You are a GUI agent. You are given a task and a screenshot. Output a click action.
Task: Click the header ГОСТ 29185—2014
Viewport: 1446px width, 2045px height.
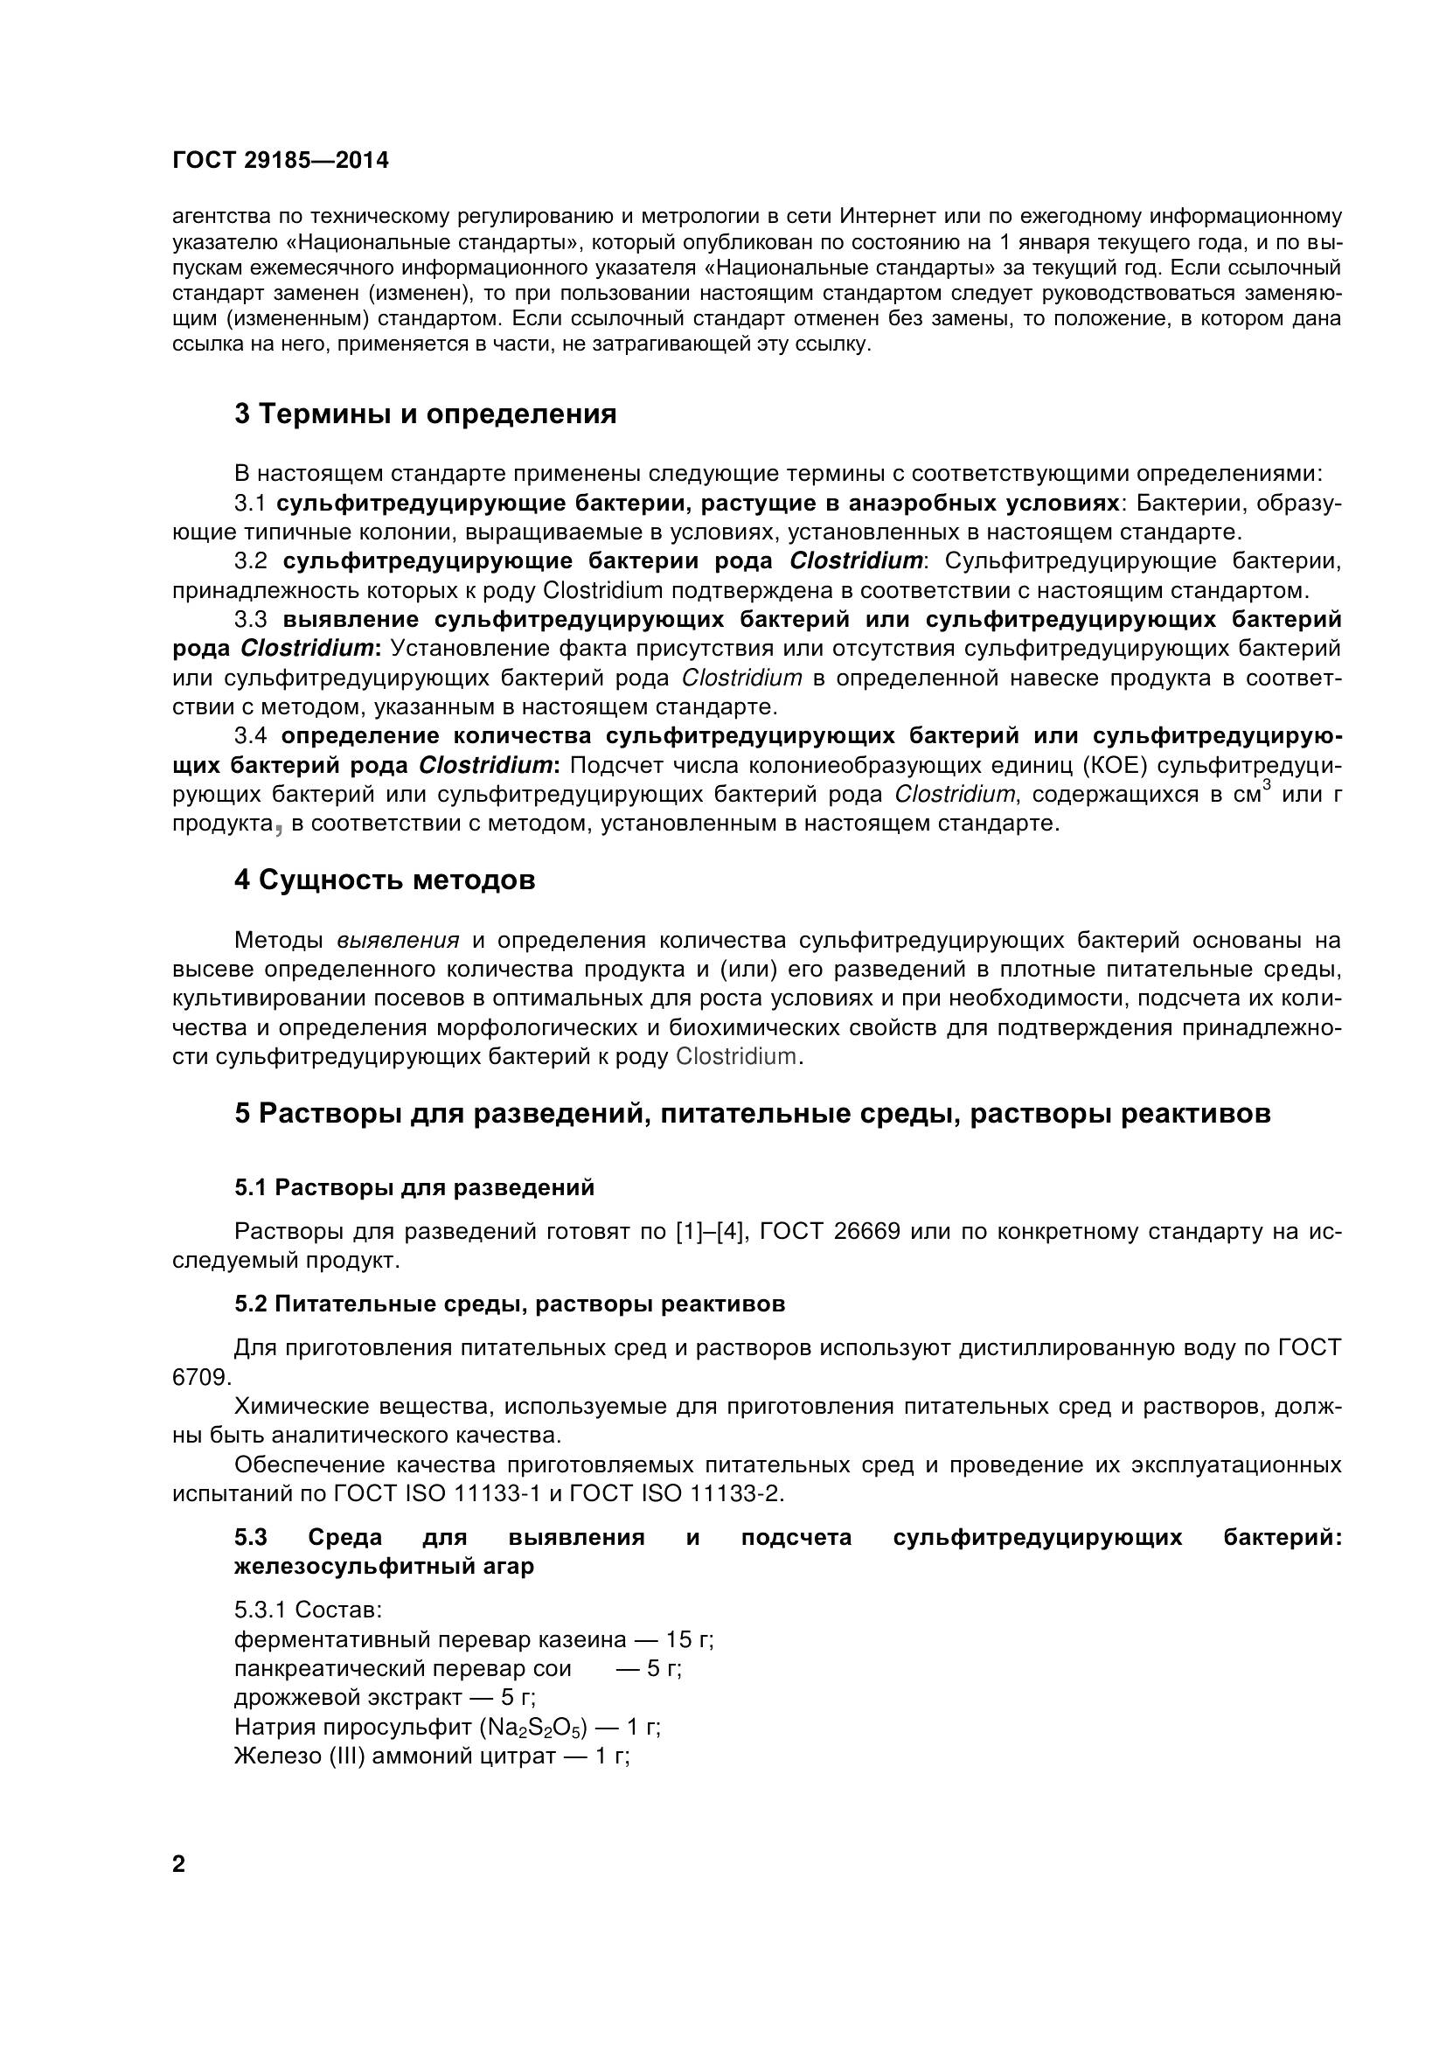(x=281, y=160)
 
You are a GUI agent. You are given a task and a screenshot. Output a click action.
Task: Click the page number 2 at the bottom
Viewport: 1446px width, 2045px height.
(x=179, y=1864)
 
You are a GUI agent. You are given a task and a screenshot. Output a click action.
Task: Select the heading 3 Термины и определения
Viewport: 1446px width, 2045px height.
(x=426, y=414)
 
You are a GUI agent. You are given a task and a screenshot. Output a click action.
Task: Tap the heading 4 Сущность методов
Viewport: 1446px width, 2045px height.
(x=385, y=880)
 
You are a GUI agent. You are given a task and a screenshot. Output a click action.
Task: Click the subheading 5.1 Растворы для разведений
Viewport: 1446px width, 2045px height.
(x=414, y=1187)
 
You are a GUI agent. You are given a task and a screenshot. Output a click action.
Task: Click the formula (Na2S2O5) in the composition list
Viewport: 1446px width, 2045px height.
(x=533, y=1727)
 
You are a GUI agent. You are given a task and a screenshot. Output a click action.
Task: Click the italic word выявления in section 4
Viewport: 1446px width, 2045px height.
(x=398, y=941)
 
